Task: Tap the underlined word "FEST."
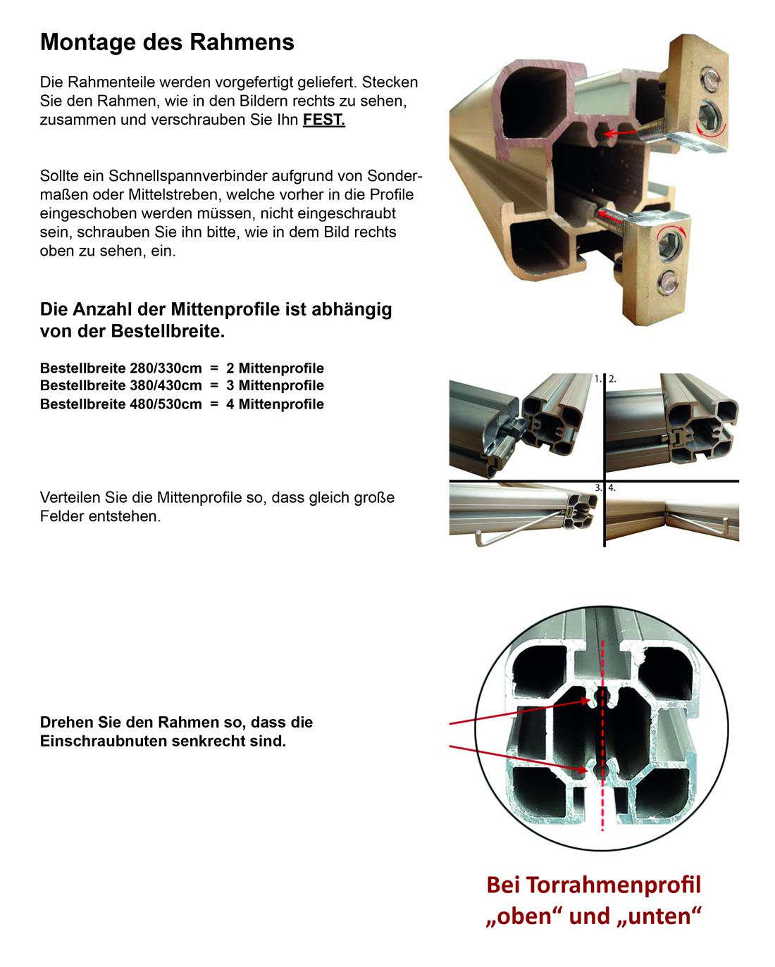pos(323,120)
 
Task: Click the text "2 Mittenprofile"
pos(275,368)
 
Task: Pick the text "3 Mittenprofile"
pos(275,386)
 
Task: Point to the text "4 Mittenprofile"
pos(275,404)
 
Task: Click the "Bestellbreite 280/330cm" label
pos(120,368)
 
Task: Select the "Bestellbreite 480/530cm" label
pos(120,404)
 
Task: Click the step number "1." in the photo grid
pos(598,379)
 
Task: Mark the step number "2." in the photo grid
pos(612,379)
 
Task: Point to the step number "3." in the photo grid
pos(598,487)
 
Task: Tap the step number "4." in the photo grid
pos(612,487)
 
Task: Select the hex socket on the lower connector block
pos(667,246)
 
